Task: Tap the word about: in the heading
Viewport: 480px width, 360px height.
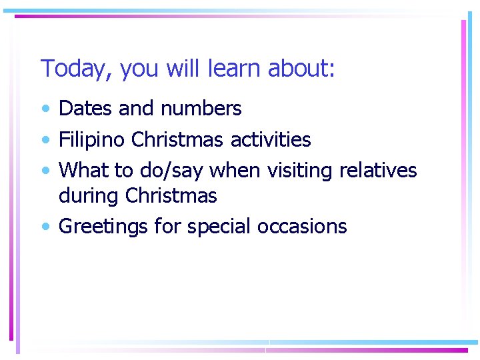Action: click(x=301, y=69)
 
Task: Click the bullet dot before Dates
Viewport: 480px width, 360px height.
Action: click(x=45, y=109)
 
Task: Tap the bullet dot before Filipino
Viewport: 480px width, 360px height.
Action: click(x=45, y=141)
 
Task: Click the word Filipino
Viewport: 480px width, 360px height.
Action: click(x=93, y=140)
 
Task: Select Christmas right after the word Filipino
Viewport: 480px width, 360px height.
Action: click(x=178, y=140)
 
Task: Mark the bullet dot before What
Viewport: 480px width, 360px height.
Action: click(x=45, y=171)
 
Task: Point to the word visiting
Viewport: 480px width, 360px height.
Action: click(x=300, y=171)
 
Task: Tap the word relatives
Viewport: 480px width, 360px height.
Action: click(x=378, y=171)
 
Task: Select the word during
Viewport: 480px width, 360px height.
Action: click(x=89, y=195)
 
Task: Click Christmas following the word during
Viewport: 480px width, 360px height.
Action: click(x=171, y=195)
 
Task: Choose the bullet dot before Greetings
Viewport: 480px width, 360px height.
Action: click(x=45, y=227)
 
